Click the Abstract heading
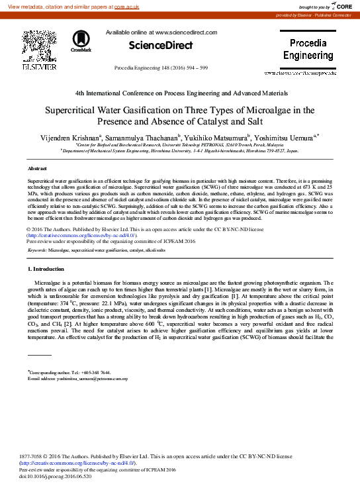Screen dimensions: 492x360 (x=37, y=170)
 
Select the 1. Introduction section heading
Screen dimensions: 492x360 (x=46, y=270)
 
